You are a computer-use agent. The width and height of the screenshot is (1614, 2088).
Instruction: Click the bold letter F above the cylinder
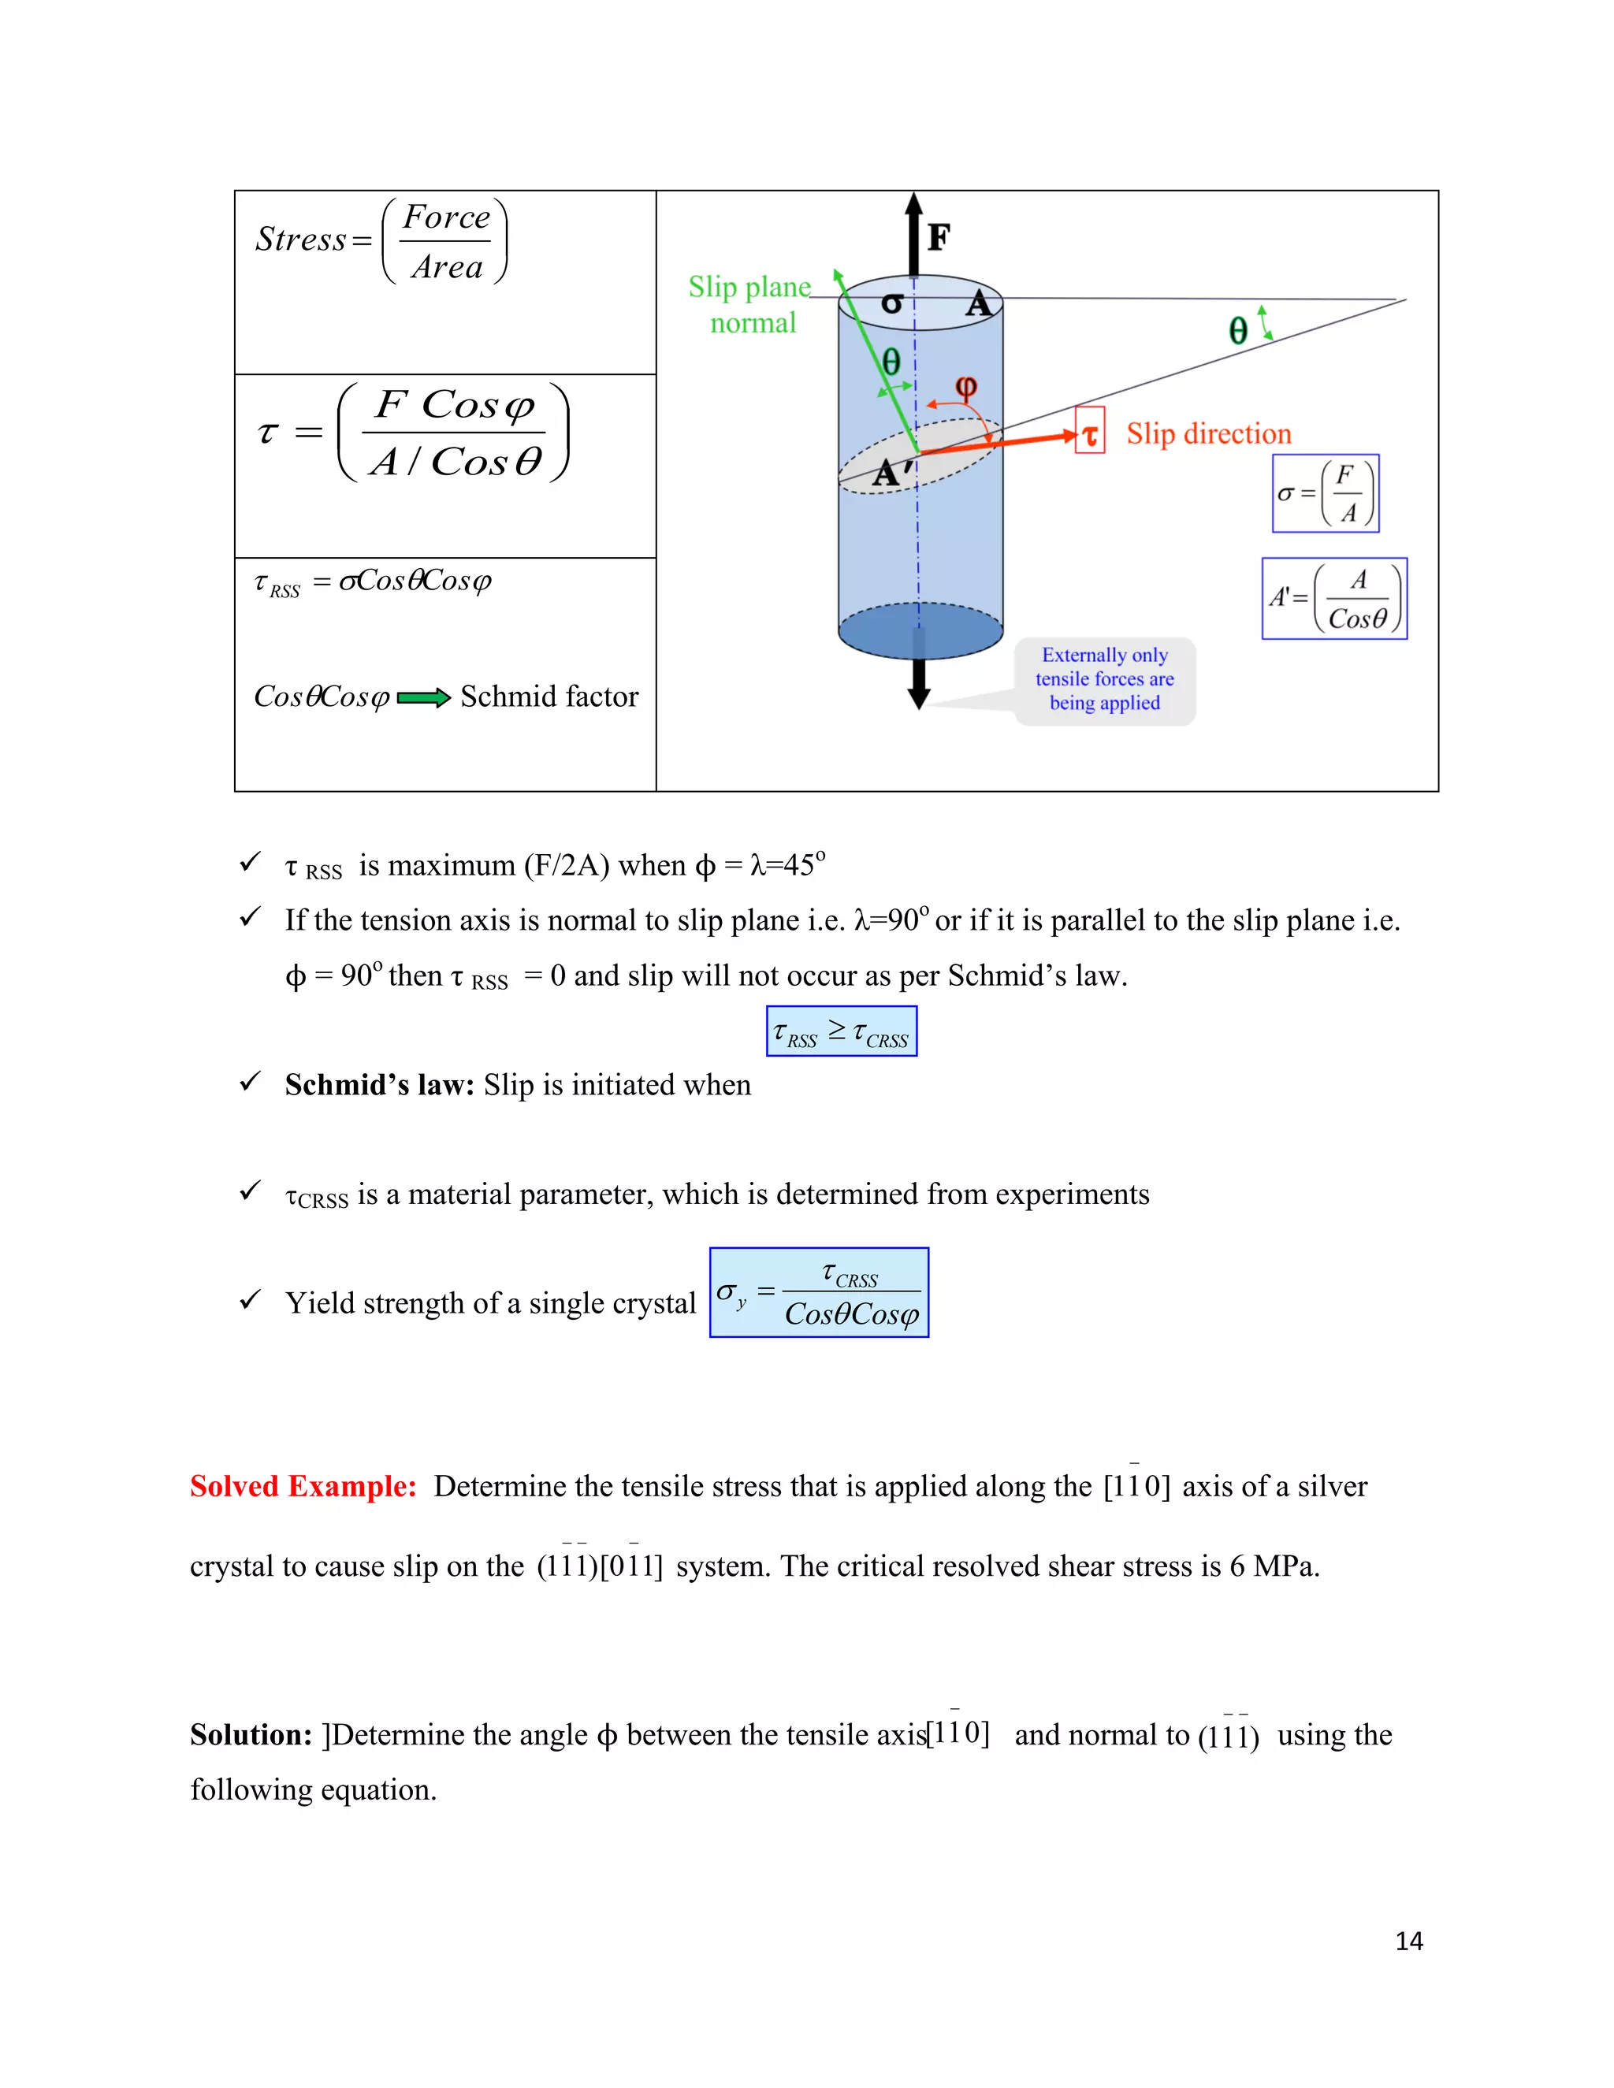[x=939, y=237]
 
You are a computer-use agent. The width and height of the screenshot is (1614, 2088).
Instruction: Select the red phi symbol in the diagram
[x=965, y=387]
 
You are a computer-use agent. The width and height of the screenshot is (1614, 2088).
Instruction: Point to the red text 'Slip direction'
[x=1209, y=434]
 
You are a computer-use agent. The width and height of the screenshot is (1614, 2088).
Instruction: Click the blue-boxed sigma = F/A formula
[x=1326, y=493]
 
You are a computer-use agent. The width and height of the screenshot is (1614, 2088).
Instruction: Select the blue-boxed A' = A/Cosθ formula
[x=1335, y=599]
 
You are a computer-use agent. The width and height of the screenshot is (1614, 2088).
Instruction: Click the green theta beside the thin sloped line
[x=1238, y=331]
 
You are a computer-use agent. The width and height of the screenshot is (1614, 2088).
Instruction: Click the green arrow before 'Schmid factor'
[x=422, y=698]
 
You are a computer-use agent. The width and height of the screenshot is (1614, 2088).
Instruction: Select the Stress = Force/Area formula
[x=381, y=241]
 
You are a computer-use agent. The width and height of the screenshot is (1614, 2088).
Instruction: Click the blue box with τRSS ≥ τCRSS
[x=842, y=1031]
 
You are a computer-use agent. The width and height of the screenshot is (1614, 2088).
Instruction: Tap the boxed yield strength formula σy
[x=819, y=1292]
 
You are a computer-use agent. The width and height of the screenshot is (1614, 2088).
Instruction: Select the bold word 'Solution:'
[x=251, y=1734]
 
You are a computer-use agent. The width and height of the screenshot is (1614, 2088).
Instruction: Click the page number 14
[x=1408, y=1941]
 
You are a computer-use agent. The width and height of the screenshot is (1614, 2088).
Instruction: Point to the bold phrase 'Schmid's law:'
[x=378, y=1085]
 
